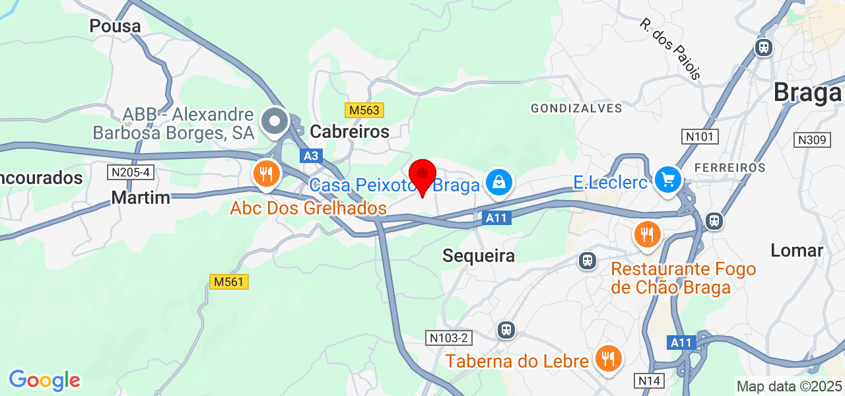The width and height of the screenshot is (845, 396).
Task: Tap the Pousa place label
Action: pos(116,26)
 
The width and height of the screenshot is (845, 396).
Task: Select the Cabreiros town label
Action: pos(350,131)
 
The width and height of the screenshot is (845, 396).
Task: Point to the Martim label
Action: pos(141,197)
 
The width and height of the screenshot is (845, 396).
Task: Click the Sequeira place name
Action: pos(479,255)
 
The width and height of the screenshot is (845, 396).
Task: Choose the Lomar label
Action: pos(797,250)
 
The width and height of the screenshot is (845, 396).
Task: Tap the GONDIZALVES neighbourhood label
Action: pos(576,108)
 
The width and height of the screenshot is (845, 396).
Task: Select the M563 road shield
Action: pos(364,110)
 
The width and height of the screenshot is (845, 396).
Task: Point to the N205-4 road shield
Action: pos(130,172)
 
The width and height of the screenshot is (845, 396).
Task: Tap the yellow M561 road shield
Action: pos(229,282)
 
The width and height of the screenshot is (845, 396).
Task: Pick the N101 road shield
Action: pos(700,137)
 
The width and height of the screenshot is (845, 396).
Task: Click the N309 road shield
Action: pos(811,140)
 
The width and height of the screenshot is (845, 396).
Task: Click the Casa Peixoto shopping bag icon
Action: pos(499,182)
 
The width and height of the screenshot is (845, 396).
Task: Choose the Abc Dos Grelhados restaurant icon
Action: pos(267,174)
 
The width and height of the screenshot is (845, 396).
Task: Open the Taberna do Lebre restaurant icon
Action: pos(606,358)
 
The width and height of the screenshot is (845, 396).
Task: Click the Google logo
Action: pos(44,381)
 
